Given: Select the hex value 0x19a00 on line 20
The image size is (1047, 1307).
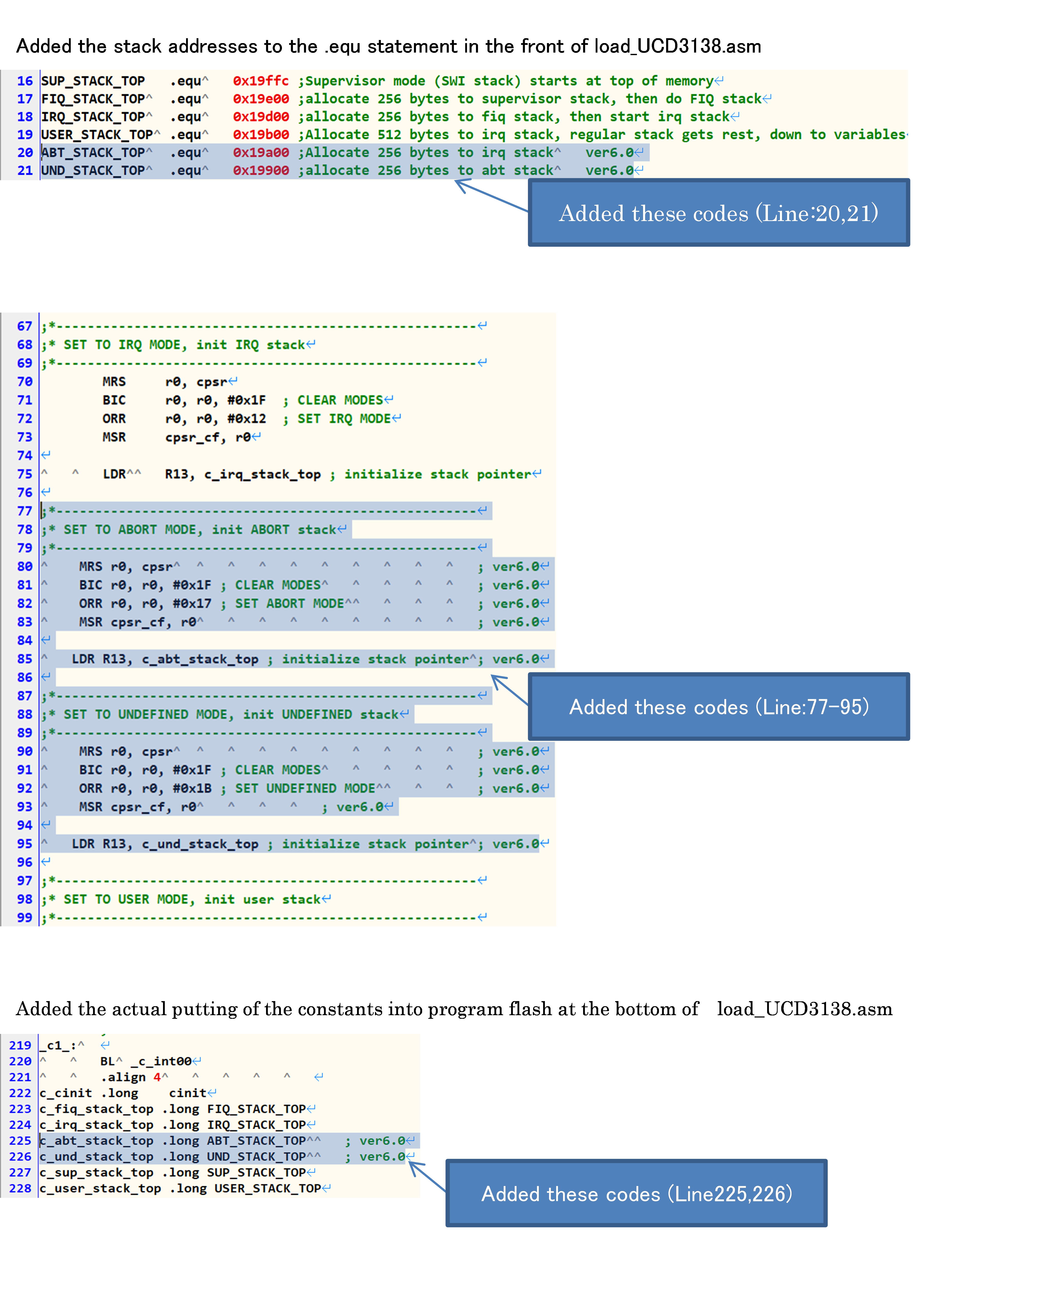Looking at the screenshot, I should [261, 153].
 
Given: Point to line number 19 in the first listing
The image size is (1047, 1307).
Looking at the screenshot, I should [25, 135].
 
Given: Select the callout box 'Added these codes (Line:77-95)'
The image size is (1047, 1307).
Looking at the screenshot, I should [719, 707].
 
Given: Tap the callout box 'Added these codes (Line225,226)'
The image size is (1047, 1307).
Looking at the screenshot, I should [636, 1194].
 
